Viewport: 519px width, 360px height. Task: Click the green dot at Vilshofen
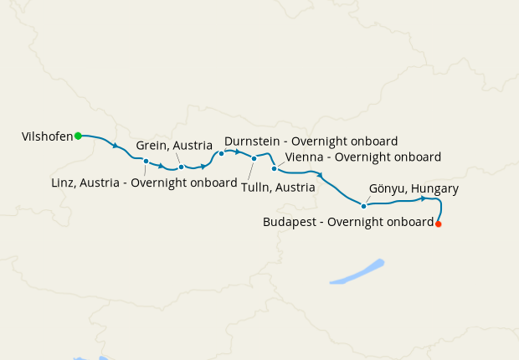pos(78,136)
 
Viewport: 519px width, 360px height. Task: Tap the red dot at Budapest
pos(438,224)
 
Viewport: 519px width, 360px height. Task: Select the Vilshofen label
pos(48,136)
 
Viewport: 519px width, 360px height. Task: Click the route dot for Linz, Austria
pos(146,161)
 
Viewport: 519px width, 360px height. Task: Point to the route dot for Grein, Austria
pos(181,167)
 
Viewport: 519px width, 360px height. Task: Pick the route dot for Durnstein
pos(221,153)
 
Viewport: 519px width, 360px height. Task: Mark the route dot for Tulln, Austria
pos(254,157)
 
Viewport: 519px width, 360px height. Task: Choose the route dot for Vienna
pos(274,168)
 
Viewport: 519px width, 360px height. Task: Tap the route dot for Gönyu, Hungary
pos(363,205)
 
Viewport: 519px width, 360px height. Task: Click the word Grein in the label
pos(152,146)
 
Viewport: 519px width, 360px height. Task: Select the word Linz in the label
pos(64,183)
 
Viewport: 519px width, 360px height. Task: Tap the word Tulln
pos(256,188)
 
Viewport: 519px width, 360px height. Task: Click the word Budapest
pos(290,223)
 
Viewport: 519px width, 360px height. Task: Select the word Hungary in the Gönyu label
pos(432,189)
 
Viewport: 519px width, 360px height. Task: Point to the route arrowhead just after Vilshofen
pos(115,147)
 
